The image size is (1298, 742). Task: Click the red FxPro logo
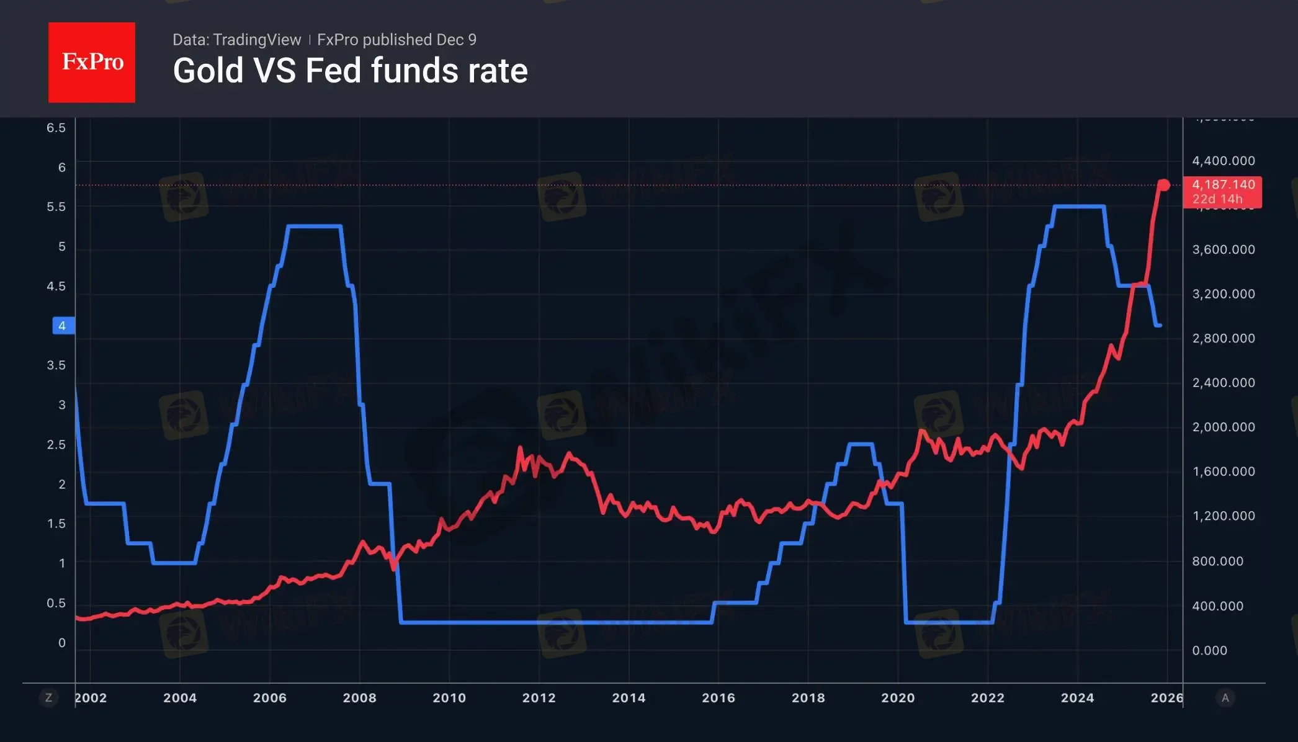(92, 62)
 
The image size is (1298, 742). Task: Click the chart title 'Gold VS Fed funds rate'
(350, 70)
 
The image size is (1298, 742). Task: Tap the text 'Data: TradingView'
(236, 40)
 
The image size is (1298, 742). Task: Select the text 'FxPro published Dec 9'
(396, 40)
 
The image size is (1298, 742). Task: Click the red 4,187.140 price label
(1222, 191)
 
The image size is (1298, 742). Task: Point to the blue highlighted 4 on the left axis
(62, 326)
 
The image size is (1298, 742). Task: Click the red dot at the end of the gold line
(1164, 185)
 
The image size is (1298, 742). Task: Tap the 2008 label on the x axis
(359, 697)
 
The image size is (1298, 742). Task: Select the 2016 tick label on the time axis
(718, 697)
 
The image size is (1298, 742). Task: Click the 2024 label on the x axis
(1078, 697)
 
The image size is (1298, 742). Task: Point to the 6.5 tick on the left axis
(56, 128)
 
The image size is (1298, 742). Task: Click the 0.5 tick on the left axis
(56, 603)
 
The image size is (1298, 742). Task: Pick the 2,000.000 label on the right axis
(1224, 427)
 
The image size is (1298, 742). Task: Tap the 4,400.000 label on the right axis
(1224, 161)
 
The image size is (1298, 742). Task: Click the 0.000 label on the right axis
(1210, 650)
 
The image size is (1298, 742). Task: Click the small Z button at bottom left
(48, 698)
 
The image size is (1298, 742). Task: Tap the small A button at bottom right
(1225, 698)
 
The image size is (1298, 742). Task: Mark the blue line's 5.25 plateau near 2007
(315, 226)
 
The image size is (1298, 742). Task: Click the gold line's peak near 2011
(520, 448)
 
